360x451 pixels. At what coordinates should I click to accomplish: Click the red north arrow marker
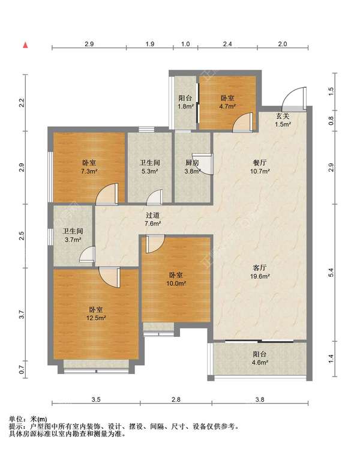click(26, 45)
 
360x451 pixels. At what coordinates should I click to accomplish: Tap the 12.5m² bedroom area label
click(96, 314)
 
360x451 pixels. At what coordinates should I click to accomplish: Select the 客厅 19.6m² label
click(260, 272)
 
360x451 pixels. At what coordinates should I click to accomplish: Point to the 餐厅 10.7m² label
click(260, 167)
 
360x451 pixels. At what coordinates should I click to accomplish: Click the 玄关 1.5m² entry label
click(283, 120)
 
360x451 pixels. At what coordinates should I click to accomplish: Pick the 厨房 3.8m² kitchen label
click(192, 167)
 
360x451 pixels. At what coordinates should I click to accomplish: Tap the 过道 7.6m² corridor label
click(152, 219)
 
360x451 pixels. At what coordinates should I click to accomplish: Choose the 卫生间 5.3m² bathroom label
click(149, 167)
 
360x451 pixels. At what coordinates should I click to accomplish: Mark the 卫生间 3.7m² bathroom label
click(73, 235)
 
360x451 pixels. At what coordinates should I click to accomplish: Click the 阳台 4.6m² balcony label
click(260, 358)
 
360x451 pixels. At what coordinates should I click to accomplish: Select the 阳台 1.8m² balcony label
click(185, 102)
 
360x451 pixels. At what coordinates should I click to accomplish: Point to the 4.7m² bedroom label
click(227, 102)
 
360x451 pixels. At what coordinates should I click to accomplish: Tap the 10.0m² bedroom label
click(176, 279)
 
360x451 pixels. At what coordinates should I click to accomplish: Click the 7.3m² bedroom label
click(89, 167)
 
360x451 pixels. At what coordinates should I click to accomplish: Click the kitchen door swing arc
click(205, 166)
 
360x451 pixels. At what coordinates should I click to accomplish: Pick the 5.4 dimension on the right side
click(331, 273)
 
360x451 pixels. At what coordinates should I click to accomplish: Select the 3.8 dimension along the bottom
click(260, 399)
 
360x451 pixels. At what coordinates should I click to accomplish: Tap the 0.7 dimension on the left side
click(22, 369)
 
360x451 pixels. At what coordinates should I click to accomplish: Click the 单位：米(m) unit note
click(28, 419)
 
